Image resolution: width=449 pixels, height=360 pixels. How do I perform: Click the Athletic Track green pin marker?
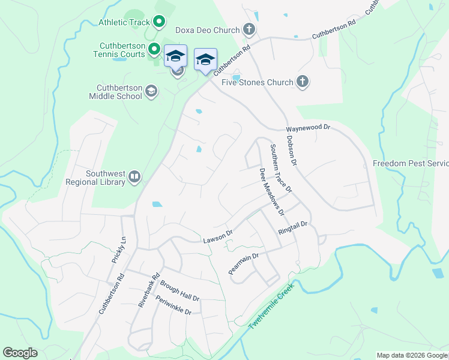(159, 23)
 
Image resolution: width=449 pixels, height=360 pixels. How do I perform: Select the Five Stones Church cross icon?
(303, 82)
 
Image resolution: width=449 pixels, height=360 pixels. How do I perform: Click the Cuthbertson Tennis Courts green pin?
(154, 49)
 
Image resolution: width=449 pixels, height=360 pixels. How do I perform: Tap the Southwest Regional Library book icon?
(134, 177)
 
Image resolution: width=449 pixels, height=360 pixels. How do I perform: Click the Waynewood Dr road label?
(308, 128)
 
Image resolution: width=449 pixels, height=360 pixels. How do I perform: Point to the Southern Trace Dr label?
(280, 169)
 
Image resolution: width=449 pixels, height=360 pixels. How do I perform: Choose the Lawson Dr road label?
(217, 238)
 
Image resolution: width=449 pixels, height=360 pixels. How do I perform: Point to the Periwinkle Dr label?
(173, 305)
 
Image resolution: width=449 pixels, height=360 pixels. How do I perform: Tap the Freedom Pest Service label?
(411, 163)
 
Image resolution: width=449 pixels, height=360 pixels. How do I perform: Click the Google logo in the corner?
(20, 353)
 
